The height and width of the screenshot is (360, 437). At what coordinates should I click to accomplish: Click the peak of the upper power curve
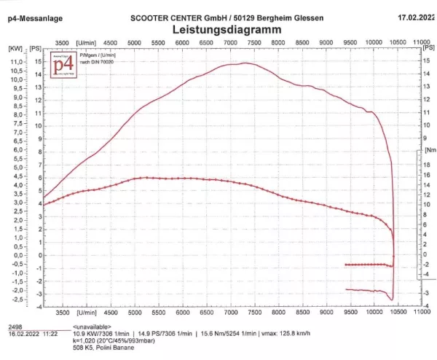tap(244, 63)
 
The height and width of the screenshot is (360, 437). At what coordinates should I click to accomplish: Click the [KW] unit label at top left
tap(15, 48)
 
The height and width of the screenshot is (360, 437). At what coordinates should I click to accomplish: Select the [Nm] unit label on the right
tap(430, 150)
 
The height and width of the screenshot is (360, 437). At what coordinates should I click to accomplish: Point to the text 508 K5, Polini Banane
tap(105, 348)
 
